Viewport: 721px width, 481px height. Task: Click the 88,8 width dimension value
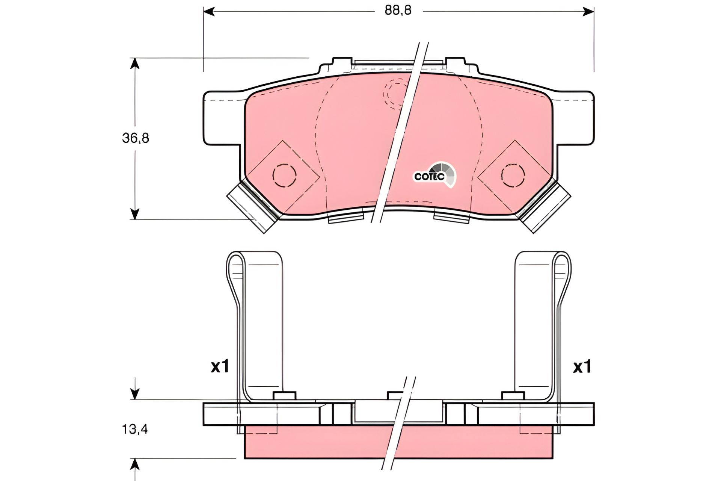398,11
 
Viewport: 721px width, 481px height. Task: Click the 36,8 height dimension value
135,138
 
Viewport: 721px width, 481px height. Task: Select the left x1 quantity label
220,367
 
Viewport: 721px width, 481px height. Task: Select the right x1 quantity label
582,367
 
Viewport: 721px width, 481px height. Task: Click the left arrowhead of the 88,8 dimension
209,12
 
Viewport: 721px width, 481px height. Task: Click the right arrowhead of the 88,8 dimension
588,12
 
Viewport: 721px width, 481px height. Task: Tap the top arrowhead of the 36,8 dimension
135,64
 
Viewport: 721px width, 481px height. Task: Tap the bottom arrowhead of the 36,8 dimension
135,213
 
